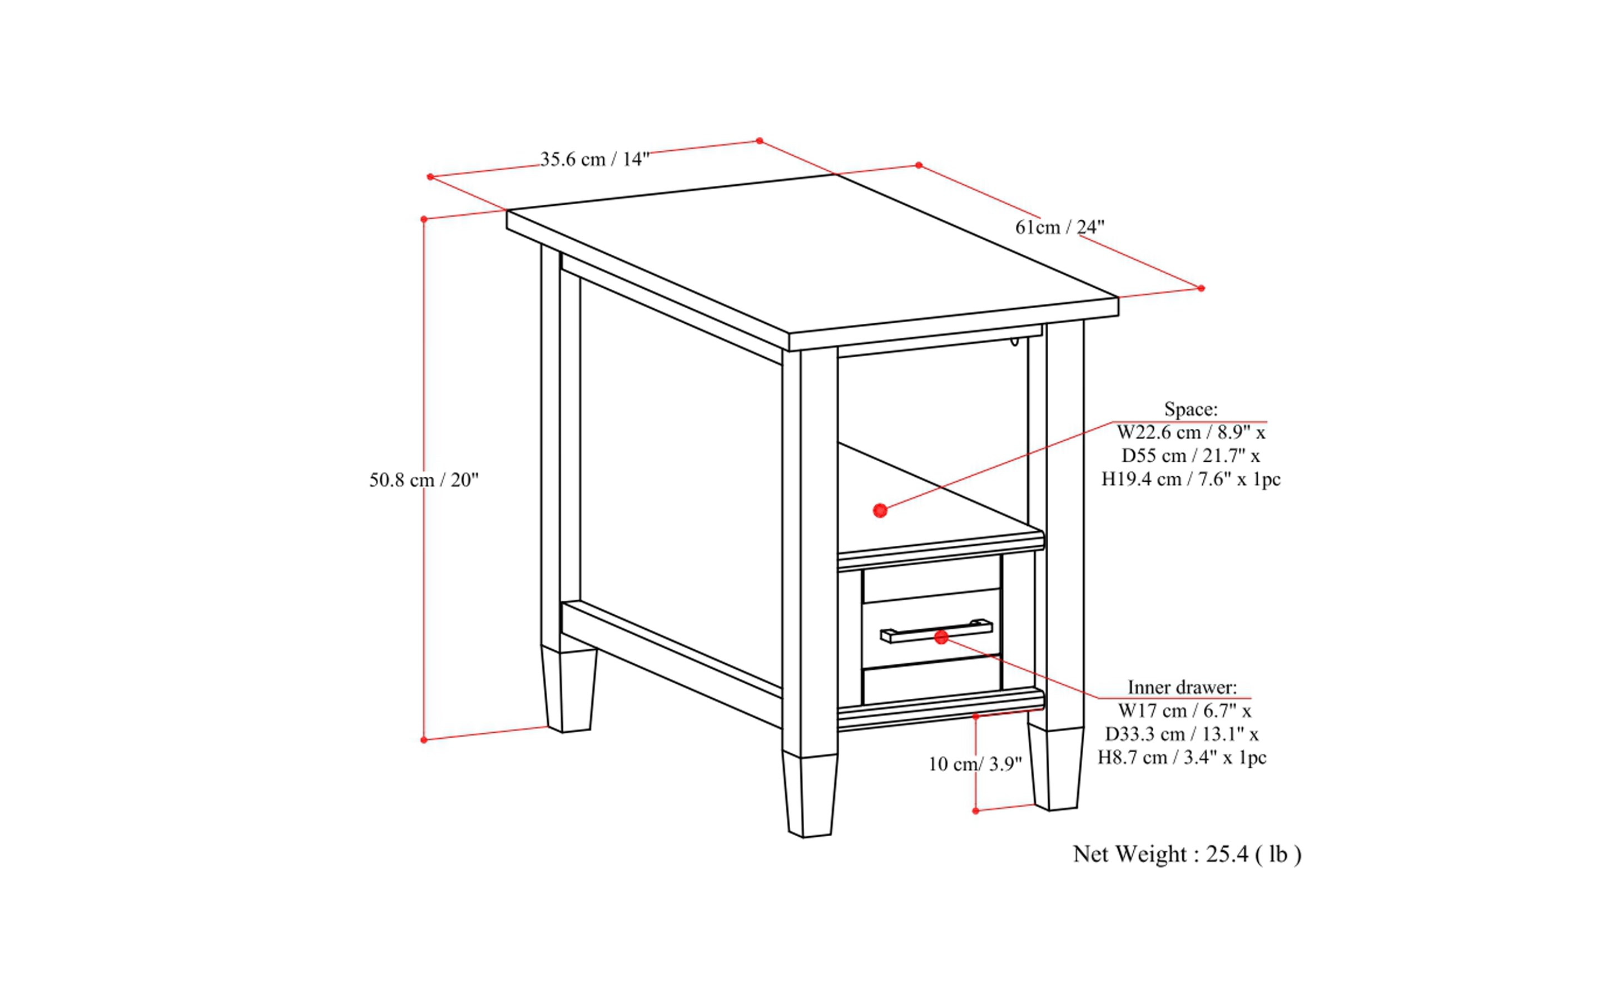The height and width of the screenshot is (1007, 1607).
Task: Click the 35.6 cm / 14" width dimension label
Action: pyautogui.click(x=594, y=160)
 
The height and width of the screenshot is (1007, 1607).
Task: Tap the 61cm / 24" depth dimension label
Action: pyautogui.click(x=1059, y=228)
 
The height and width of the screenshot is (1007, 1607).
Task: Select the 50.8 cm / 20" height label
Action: pyautogui.click(x=424, y=480)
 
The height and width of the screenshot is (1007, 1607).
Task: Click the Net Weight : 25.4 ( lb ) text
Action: pyautogui.click(x=1186, y=855)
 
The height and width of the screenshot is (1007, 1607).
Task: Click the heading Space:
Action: pyautogui.click(x=1191, y=409)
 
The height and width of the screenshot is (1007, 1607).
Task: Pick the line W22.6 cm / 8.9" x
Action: pyautogui.click(x=1191, y=433)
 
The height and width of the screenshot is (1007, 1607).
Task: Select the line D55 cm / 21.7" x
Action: pyautogui.click(x=1191, y=456)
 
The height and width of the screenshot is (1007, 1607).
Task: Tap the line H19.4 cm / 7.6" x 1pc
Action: pyautogui.click(x=1191, y=480)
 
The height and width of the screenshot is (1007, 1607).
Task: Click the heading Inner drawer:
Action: pyautogui.click(x=1182, y=687)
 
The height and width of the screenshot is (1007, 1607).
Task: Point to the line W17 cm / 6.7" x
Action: pyautogui.click(x=1184, y=711)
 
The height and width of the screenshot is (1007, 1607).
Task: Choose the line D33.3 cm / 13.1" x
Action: pyautogui.click(x=1182, y=734)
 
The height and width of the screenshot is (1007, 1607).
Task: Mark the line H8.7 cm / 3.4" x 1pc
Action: pyautogui.click(x=1182, y=758)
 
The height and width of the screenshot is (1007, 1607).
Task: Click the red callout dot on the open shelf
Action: pyautogui.click(x=880, y=511)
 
